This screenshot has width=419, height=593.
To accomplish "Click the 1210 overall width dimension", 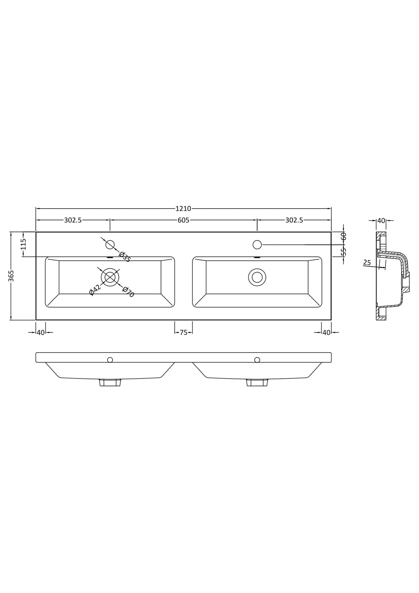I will (x=183, y=208).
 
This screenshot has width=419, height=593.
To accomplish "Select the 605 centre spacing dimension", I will (x=183, y=220).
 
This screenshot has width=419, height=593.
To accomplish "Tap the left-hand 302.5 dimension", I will (x=73, y=220).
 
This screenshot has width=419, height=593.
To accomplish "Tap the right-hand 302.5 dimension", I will (x=294, y=220).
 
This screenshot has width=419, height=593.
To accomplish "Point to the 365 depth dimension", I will (x=11, y=276).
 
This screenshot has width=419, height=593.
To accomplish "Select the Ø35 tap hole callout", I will (x=125, y=257).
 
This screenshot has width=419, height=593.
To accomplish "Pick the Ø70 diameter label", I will (x=128, y=292).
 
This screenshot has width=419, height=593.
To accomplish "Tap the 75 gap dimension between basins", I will (x=184, y=333).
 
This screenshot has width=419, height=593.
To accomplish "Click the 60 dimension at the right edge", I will (x=343, y=236).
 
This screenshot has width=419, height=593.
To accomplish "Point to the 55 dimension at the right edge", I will (x=343, y=251).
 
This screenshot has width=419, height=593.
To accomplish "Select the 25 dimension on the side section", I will (x=367, y=263).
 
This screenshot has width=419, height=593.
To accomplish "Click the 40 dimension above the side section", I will (x=381, y=221).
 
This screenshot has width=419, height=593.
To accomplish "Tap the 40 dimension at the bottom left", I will (x=41, y=333).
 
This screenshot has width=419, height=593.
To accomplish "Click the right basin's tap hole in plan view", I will (x=257, y=245).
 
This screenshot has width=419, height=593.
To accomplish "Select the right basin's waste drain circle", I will (x=257, y=277).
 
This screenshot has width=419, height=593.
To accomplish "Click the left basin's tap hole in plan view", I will (x=110, y=245).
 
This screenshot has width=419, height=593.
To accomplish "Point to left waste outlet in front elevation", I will (x=110, y=382).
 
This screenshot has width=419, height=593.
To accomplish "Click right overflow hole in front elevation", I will (x=257, y=360).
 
